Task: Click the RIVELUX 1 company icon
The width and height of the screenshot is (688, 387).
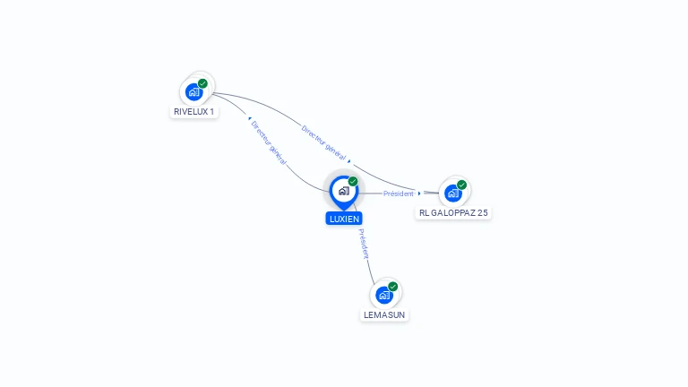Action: (x=193, y=91)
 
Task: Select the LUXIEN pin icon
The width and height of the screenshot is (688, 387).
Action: (x=343, y=191)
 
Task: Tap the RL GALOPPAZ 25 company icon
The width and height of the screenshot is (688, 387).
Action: (x=453, y=193)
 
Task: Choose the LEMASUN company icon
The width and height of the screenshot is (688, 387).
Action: (x=384, y=295)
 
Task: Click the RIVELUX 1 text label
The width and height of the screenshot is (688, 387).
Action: (x=193, y=112)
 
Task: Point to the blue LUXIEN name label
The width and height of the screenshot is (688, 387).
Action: (x=344, y=219)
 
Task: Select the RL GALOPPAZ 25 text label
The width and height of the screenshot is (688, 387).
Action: (x=453, y=213)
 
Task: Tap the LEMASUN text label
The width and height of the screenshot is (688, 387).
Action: (x=384, y=315)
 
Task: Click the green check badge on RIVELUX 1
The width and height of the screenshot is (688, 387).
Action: (x=203, y=83)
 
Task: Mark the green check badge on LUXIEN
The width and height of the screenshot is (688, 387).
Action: (x=353, y=182)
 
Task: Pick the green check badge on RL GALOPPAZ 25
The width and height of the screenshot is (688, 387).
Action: (x=462, y=185)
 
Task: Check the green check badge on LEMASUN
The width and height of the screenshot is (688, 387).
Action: (x=393, y=287)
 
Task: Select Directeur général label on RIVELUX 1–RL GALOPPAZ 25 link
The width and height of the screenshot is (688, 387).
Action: (x=324, y=143)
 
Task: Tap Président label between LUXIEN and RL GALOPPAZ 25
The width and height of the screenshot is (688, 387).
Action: (x=399, y=193)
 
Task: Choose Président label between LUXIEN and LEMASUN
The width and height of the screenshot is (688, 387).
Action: (x=364, y=244)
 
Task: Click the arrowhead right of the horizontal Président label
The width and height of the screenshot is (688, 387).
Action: (x=419, y=193)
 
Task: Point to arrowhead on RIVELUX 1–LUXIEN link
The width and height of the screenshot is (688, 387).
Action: (x=250, y=118)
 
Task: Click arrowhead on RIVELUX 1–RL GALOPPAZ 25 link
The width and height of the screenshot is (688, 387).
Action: (x=349, y=161)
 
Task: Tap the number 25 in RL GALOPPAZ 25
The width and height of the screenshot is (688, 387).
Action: (x=483, y=213)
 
